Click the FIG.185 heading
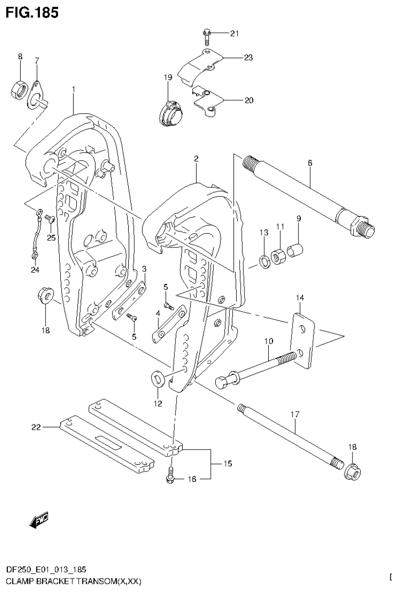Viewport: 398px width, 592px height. point(32,12)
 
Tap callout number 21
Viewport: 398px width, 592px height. point(234,34)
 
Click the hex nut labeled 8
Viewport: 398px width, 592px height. point(20,89)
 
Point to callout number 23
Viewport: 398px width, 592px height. point(248,58)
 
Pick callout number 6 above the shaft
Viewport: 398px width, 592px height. point(310,163)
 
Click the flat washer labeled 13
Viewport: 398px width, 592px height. point(264,261)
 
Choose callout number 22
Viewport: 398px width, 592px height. point(36,427)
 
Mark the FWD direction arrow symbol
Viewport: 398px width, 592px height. point(39,519)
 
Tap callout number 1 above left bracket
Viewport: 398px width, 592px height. point(74,89)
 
